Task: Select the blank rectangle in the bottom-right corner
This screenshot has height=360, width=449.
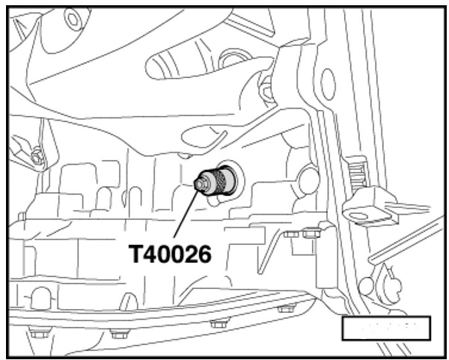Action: pyautogui.click(x=386, y=328)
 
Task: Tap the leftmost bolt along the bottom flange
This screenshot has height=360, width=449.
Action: pyautogui.click(x=40, y=332)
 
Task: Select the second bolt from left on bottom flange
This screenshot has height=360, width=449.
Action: pyautogui.click(x=120, y=332)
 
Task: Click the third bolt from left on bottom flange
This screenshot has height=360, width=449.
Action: pyautogui.click(x=219, y=323)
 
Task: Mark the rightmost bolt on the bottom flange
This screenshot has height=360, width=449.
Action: pyautogui.click(x=285, y=308)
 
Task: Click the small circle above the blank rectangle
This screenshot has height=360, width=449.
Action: pyautogui.click(x=364, y=284)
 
